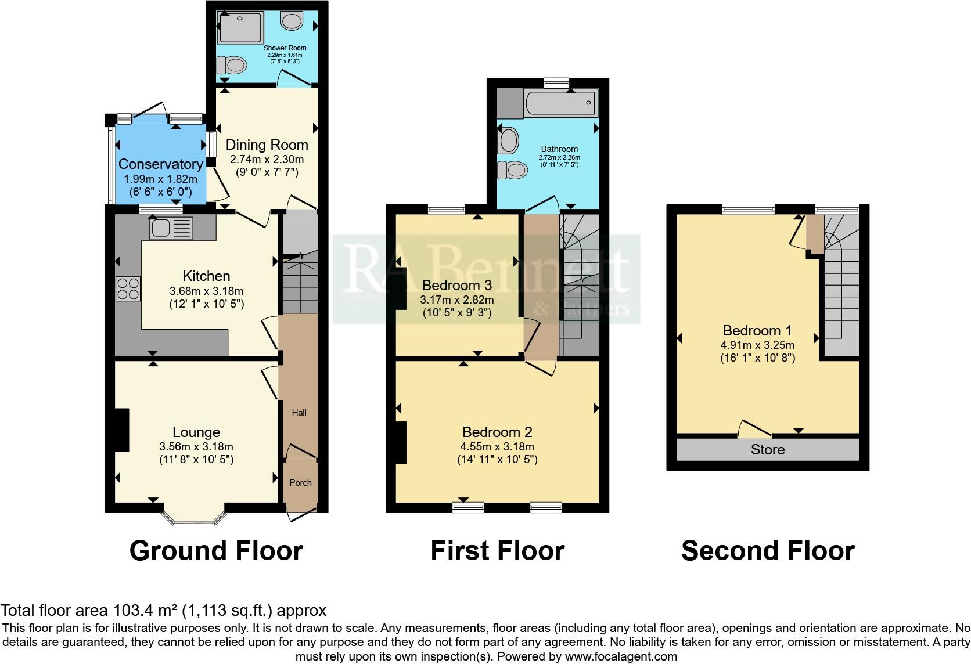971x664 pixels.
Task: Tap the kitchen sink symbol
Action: coord(171,228)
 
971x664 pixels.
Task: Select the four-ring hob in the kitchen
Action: coord(128,289)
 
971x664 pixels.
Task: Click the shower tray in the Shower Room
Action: coord(239,28)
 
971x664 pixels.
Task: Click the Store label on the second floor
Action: coord(768,450)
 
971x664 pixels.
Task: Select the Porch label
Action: coord(300,482)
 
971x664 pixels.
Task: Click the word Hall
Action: coord(299,413)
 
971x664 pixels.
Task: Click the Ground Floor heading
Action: coord(216,550)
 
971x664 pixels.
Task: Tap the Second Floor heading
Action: coord(768,550)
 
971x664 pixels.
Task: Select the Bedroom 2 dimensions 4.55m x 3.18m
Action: coord(497,446)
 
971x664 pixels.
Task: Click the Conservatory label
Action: coord(161,164)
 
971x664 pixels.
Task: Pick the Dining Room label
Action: coord(267,145)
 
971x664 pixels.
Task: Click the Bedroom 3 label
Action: coord(457,285)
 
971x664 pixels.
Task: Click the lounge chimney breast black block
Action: coord(121,430)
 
